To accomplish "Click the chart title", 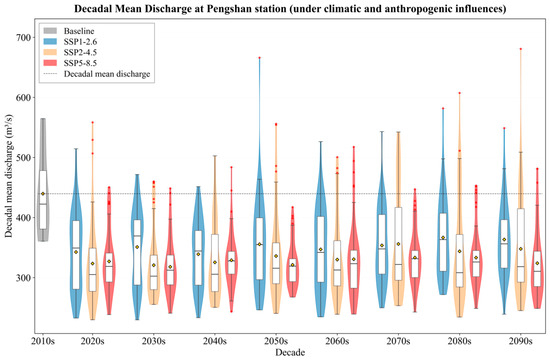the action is point(290,8).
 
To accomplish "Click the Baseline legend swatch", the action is point(50,31).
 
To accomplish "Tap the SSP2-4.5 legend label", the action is point(80,53).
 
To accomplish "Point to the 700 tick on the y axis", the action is point(24,37).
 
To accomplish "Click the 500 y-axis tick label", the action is point(24,158).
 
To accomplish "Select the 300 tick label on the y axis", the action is point(24,278).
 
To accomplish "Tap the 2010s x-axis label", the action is point(43,341).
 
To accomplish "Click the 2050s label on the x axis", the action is point(276,341).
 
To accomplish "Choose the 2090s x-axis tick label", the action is point(521,341).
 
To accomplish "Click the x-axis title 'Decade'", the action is point(290,352).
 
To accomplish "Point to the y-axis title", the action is point(8,176).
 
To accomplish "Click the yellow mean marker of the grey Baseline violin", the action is point(43,194).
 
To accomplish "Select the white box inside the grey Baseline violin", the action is point(43,200).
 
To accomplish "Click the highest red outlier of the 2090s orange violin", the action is point(521,49).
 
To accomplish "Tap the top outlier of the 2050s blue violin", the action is point(259,58).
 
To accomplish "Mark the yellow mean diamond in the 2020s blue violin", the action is point(76,252).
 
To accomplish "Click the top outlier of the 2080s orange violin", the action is point(459,93).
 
